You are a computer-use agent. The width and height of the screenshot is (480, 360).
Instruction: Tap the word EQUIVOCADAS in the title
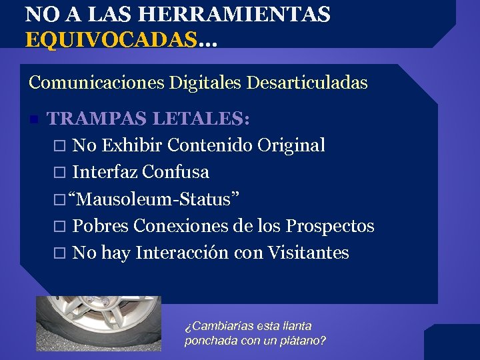pyautogui.click(x=111, y=39)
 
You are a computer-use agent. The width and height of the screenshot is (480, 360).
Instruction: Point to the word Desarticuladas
pyautogui.click(x=307, y=83)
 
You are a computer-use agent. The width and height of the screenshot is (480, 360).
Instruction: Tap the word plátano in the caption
pyautogui.click(x=299, y=341)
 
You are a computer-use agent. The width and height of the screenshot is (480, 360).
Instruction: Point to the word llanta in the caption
pyautogui.click(x=297, y=326)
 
